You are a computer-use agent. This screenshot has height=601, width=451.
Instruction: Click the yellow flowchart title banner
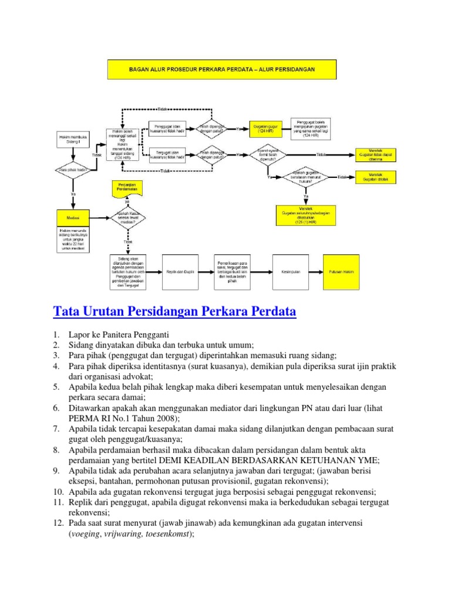click(x=221, y=69)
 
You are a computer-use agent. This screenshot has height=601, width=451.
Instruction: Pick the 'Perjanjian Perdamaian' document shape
click(x=127, y=188)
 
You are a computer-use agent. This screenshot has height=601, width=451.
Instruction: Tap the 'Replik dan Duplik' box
click(x=180, y=272)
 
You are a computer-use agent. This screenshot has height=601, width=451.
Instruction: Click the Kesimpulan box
click(x=287, y=272)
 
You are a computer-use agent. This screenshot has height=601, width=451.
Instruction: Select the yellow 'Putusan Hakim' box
click(x=339, y=272)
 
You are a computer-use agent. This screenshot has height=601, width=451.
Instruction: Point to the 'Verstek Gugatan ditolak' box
click(x=375, y=177)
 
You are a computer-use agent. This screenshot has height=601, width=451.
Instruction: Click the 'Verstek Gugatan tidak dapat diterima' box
click(x=375, y=155)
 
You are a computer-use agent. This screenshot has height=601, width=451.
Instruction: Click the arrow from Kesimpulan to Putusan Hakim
click(x=313, y=272)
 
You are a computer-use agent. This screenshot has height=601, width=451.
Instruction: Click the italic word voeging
click(x=83, y=535)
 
